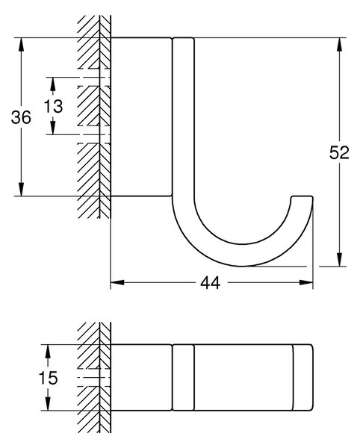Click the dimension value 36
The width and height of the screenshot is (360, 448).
pyautogui.click(x=21, y=117)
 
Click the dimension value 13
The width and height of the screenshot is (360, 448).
pyautogui.click(x=54, y=106)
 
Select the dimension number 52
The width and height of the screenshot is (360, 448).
pyautogui.click(x=339, y=152)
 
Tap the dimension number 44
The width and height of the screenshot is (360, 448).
pyautogui.click(x=211, y=283)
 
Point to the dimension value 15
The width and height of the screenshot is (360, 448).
pyautogui.click(x=48, y=377)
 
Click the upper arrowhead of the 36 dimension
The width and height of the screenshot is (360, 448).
pyautogui.click(x=21, y=44)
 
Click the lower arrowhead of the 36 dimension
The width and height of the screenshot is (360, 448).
pyautogui.click(x=21, y=190)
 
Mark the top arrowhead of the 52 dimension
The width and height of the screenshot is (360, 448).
pyautogui.click(x=339, y=44)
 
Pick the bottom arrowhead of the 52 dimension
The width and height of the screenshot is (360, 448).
pyautogui.click(x=339, y=259)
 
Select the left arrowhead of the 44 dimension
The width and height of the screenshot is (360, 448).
pyautogui.click(x=117, y=282)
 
